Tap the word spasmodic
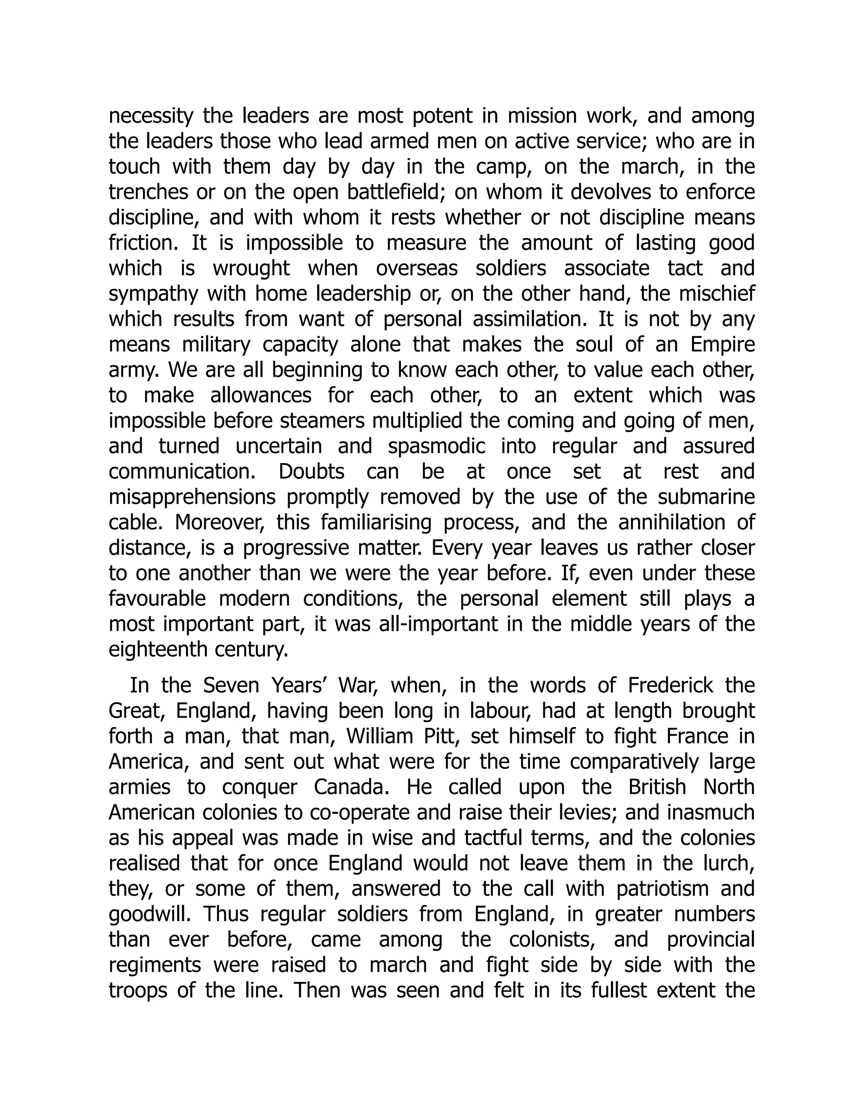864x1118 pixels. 437,446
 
